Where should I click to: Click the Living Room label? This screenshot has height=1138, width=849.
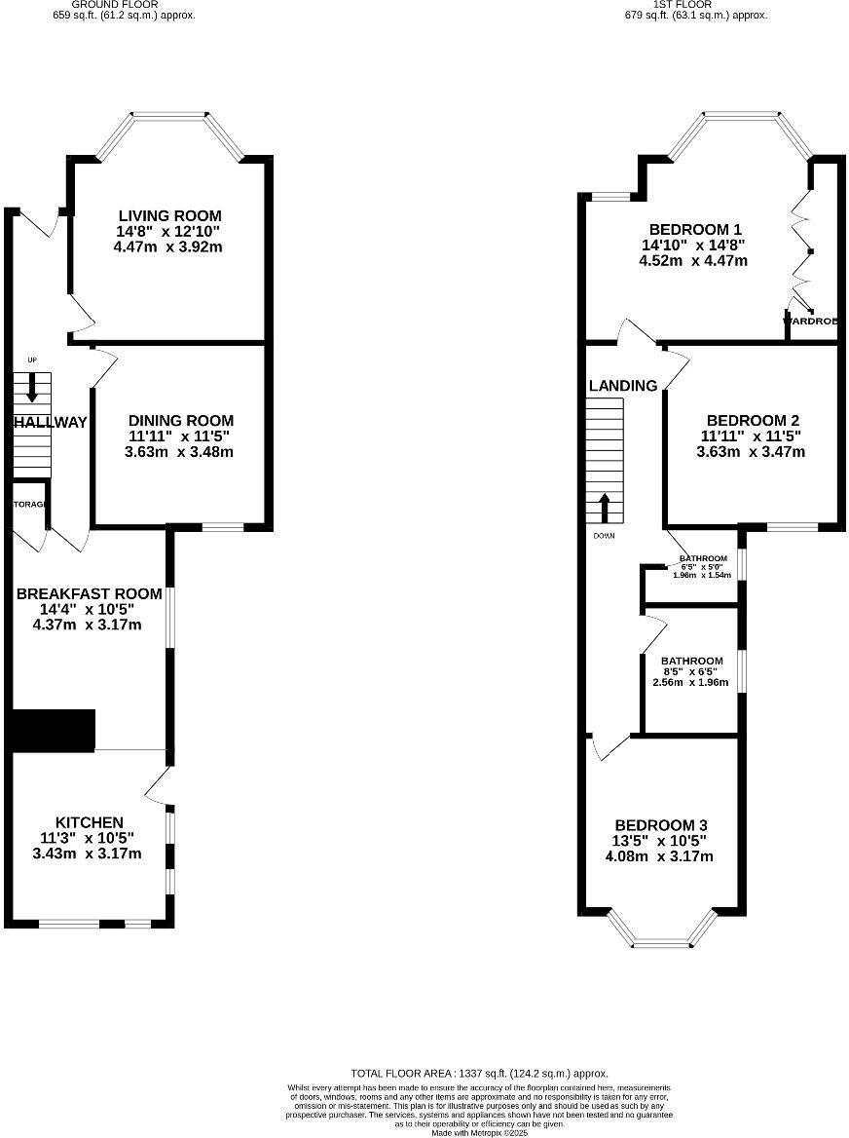point(169,215)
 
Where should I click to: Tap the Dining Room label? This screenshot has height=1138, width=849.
point(180,421)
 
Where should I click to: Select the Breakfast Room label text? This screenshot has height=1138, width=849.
point(89,593)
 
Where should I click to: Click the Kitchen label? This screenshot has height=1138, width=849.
point(89,823)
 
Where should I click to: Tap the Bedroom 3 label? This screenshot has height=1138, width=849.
point(661,825)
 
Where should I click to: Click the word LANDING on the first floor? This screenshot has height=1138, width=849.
point(623,386)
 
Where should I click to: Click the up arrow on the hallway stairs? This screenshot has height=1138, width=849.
point(32,388)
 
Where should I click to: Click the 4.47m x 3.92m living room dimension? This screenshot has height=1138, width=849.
point(169,247)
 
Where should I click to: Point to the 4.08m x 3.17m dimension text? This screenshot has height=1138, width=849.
point(661,856)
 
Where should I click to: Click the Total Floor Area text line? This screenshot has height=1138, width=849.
point(479,1072)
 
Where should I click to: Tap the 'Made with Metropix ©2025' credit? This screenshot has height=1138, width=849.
point(479,1132)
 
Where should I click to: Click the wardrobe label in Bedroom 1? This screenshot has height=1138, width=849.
point(812,321)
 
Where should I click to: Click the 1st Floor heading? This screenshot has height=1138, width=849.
point(695,5)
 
